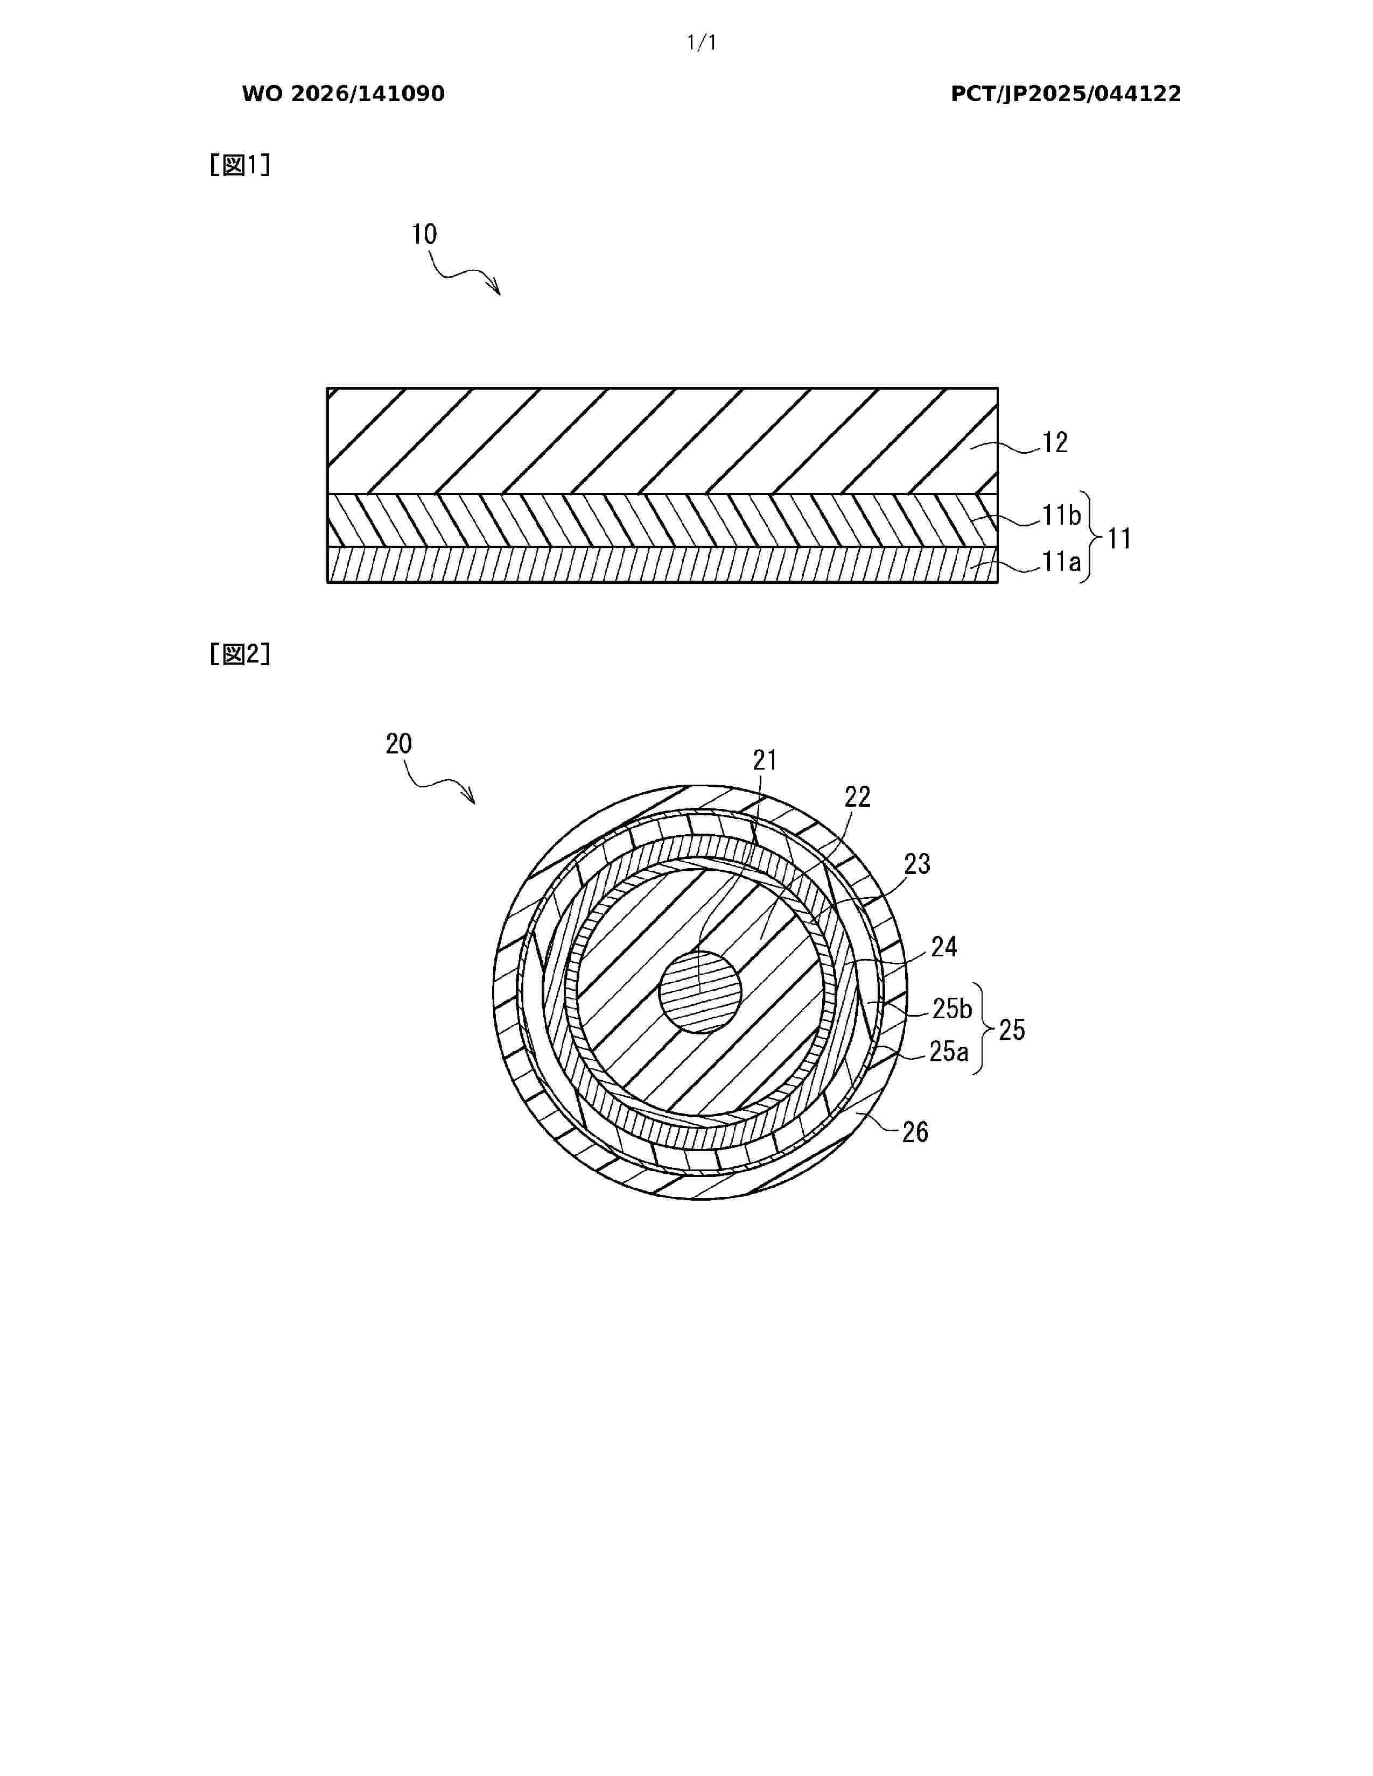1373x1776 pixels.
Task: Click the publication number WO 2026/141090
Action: pyautogui.click(x=344, y=94)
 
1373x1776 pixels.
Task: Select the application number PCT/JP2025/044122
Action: pyautogui.click(x=1066, y=94)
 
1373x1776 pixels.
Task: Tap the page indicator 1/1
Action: pyautogui.click(x=702, y=43)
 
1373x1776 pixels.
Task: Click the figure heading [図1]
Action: pyautogui.click(x=240, y=165)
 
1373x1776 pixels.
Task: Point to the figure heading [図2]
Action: pyautogui.click(x=240, y=654)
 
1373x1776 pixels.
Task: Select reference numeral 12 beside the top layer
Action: pyautogui.click(x=1055, y=442)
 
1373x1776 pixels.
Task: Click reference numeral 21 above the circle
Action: pyautogui.click(x=765, y=760)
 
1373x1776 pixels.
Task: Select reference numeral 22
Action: pyautogui.click(x=857, y=797)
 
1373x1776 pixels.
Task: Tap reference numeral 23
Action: pyautogui.click(x=917, y=864)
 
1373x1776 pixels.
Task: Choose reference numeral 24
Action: pyautogui.click(x=943, y=947)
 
